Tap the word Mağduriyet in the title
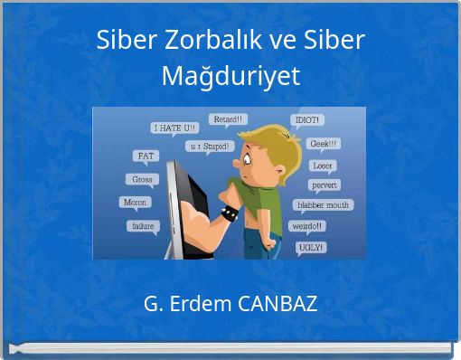[x=230, y=77]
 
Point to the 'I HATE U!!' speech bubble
[x=174, y=128]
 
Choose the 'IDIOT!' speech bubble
[x=306, y=119]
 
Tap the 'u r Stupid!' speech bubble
[x=211, y=145]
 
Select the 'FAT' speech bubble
[x=146, y=156]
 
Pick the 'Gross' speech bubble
[x=142, y=179]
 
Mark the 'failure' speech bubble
[x=142, y=226]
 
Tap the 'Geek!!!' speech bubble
[x=325, y=143]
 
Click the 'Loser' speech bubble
[x=323, y=166]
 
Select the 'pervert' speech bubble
[x=324, y=185]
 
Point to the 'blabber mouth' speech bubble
[x=323, y=205]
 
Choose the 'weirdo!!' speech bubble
[x=308, y=225]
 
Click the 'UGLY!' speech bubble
[x=311, y=246]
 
